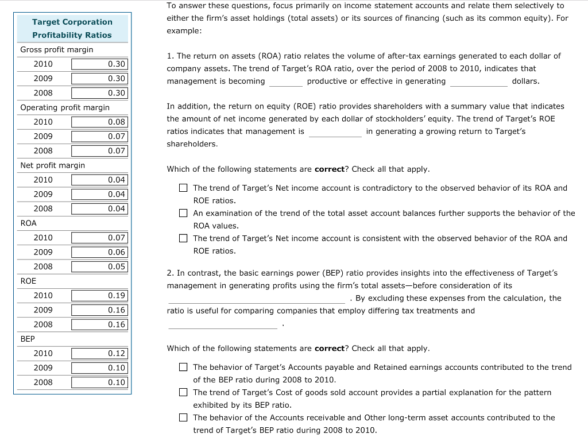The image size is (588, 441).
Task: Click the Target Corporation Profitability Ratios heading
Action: click(72, 28)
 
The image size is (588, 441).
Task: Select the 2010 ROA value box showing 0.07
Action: click(99, 237)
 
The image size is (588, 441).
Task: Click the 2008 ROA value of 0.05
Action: click(99, 266)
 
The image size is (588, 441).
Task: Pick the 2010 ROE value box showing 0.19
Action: click(99, 295)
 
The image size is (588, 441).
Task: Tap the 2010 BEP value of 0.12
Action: click(99, 353)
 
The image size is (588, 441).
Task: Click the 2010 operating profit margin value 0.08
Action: click(99, 122)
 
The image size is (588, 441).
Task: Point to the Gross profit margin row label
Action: click(57, 49)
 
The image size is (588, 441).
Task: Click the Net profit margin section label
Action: click(52, 165)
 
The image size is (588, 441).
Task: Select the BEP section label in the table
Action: click(28, 339)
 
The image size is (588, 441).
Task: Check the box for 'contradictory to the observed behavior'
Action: click(183, 188)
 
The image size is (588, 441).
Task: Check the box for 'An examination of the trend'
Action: click(183, 213)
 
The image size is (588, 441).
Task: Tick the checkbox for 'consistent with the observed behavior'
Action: click(183, 238)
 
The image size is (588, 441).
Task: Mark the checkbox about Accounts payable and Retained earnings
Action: click(183, 367)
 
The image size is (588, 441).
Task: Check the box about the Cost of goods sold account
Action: click(183, 392)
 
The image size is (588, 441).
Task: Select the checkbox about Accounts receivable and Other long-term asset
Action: click(183, 417)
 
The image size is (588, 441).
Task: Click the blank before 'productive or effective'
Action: click(286, 82)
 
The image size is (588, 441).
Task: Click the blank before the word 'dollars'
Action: click(478, 82)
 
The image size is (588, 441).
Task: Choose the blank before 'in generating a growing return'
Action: click(335, 132)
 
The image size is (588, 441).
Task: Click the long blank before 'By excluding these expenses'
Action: click(257, 299)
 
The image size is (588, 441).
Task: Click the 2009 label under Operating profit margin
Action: click(43, 136)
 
